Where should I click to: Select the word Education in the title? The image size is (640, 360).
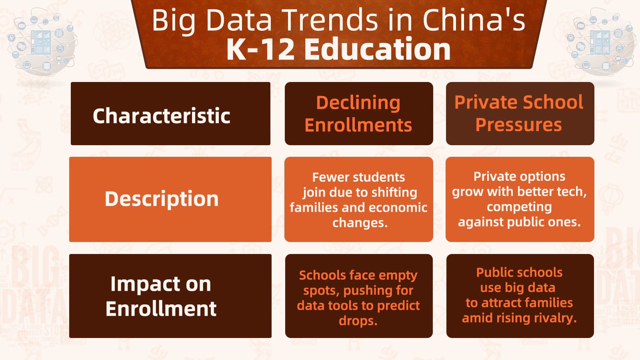point(377,49)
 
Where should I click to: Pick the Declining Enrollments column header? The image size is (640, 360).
point(358,114)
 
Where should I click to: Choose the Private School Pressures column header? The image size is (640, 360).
point(519,114)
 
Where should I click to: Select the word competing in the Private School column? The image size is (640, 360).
point(519,207)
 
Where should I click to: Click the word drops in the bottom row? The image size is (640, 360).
point(357,321)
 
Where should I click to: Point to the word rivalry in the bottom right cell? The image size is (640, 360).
point(555,318)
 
